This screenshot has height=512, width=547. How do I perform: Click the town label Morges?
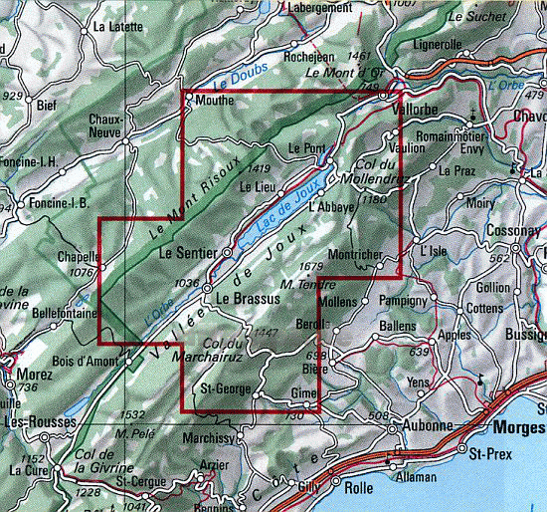click(x=517, y=427)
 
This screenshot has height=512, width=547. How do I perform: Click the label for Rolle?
click(x=357, y=488)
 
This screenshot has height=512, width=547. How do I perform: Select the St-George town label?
click(x=224, y=387)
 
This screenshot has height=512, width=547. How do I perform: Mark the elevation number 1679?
click(x=310, y=267)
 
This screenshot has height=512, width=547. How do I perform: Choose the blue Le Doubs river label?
click(x=235, y=76)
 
